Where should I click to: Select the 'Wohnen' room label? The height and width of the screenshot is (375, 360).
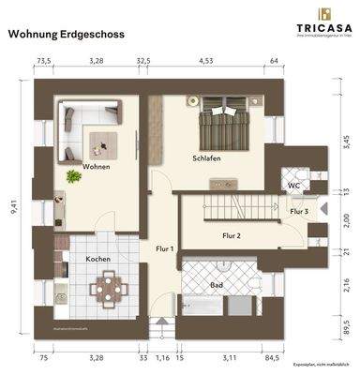pos(96,167)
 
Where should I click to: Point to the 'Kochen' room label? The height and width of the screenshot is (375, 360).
pos(98,258)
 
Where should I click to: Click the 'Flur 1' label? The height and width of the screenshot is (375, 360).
pos(165,249)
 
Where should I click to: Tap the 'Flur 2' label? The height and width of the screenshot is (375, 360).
pos(232,235)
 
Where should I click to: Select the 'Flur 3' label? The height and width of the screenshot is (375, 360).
pos(298,213)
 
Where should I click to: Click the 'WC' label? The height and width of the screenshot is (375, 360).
pos(292,186)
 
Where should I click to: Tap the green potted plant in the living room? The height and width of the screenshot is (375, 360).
pos(71,176)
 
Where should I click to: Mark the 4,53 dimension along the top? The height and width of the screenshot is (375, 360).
pos(208,61)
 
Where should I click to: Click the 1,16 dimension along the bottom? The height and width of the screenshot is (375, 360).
pos(163,357)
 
